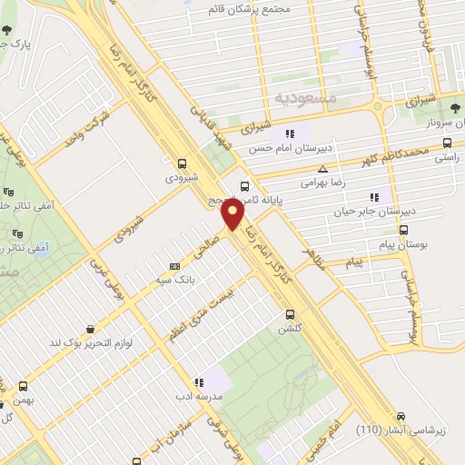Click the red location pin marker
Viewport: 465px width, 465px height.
coord(232,214)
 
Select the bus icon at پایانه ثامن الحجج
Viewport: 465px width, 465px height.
coord(243,187)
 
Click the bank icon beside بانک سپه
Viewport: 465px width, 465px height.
coord(174,266)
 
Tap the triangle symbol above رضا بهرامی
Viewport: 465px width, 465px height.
coord(322,169)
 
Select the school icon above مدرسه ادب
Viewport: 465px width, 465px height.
coord(199,382)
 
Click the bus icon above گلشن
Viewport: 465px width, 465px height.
coord(289,315)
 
